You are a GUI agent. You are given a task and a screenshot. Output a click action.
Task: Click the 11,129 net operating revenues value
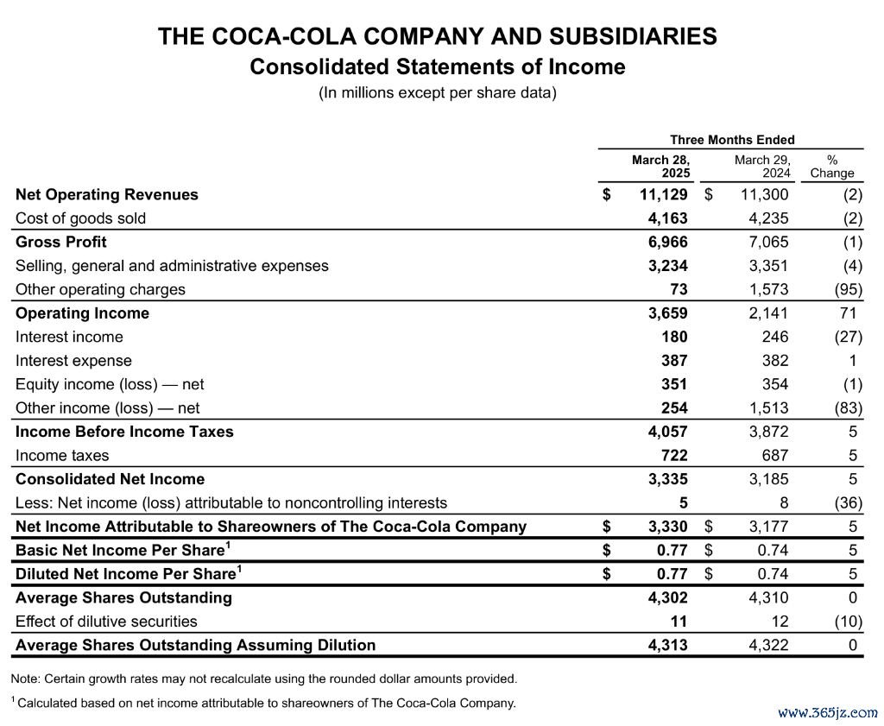(x=664, y=195)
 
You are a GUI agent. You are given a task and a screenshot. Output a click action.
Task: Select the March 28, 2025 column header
(x=660, y=167)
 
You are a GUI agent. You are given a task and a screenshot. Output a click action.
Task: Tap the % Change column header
(x=832, y=167)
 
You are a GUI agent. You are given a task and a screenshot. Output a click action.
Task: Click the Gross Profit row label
(x=61, y=243)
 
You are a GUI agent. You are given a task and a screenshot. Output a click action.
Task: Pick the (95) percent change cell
(x=849, y=290)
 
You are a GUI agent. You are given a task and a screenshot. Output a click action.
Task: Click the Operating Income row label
(x=82, y=313)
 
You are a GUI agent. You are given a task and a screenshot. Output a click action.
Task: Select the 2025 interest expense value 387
(x=674, y=361)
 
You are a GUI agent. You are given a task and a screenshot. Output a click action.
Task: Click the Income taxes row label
(x=62, y=456)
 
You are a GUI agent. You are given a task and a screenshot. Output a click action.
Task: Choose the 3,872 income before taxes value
(x=768, y=432)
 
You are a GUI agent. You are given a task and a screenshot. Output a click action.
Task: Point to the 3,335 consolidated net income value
(x=668, y=479)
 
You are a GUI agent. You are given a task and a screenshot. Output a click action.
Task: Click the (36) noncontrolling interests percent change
(x=849, y=502)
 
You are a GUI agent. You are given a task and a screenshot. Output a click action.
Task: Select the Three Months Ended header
(x=732, y=140)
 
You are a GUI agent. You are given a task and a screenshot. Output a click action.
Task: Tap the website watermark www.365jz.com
(x=827, y=713)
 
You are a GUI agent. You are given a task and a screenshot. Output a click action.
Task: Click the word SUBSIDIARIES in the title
(x=633, y=36)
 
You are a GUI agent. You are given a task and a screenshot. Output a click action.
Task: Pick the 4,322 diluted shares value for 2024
(x=768, y=646)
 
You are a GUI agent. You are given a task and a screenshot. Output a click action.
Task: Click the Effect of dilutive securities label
(x=106, y=622)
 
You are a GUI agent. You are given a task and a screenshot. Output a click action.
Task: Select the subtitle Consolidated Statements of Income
(x=438, y=67)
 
